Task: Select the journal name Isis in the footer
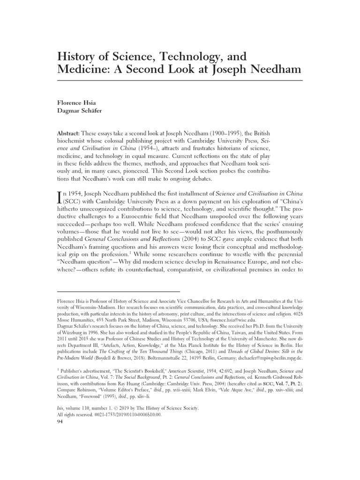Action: pyautogui.click(x=60, y=408)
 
